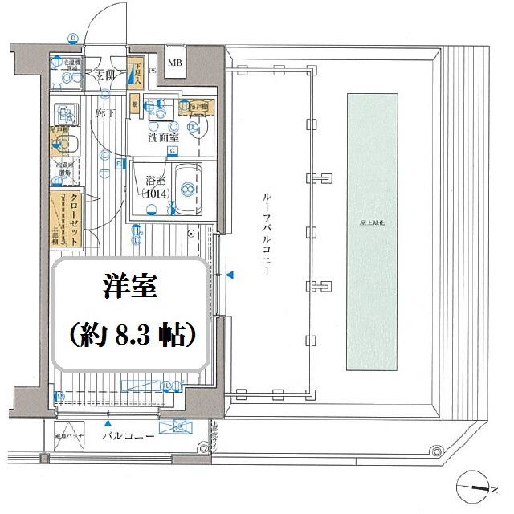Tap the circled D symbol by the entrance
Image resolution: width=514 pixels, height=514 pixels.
73,37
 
